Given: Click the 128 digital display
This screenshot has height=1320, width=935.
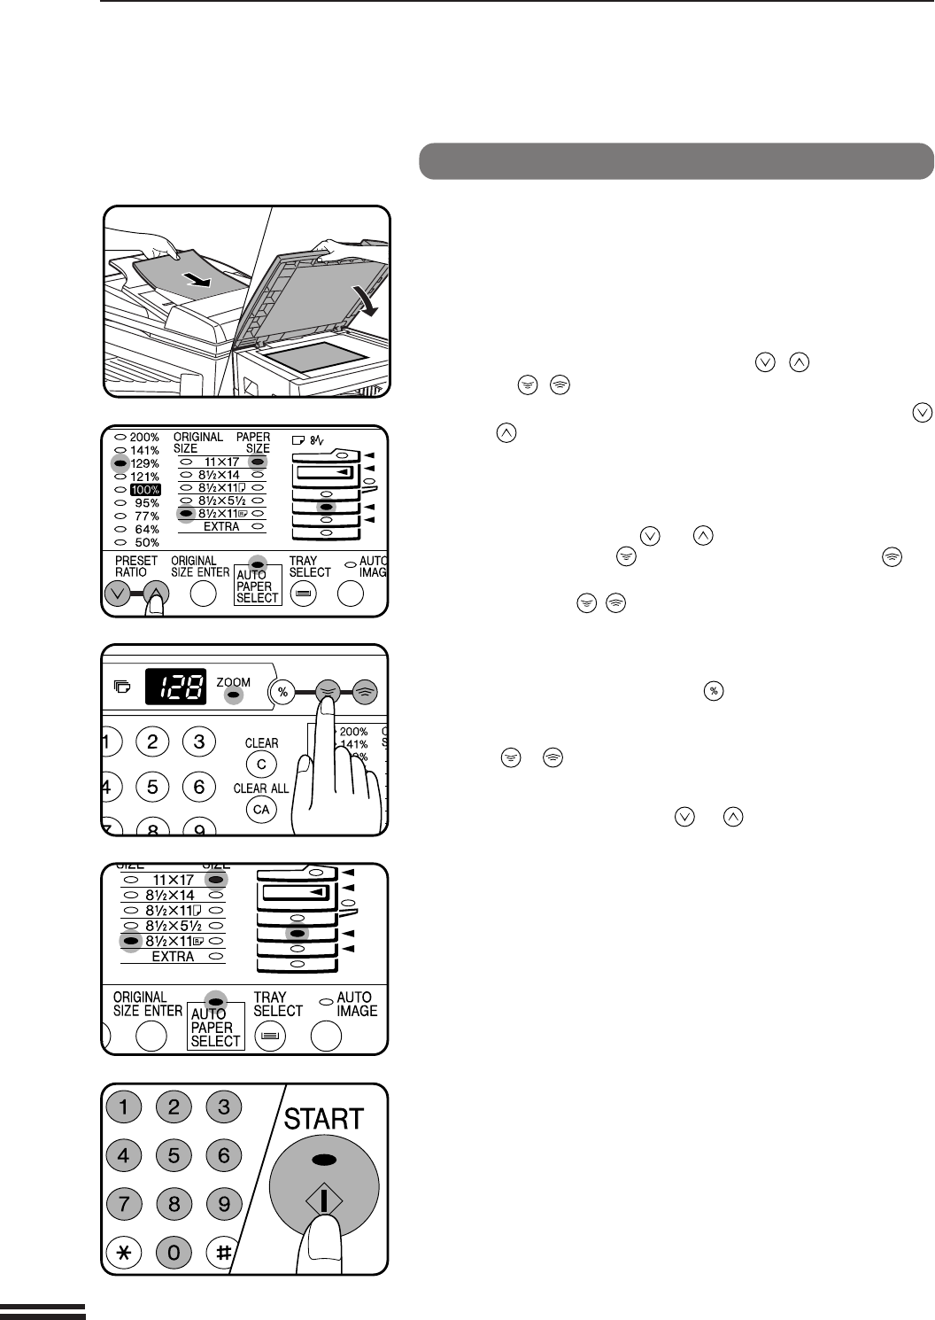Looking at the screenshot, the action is pyautogui.click(x=175, y=687).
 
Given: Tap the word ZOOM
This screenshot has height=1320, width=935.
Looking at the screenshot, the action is pyautogui.click(x=233, y=682).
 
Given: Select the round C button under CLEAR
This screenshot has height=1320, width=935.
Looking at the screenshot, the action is pyautogui.click(x=261, y=765).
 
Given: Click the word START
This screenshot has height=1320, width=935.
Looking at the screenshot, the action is pyautogui.click(x=324, y=1119).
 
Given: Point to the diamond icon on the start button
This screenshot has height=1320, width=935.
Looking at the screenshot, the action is pyautogui.click(x=324, y=1200).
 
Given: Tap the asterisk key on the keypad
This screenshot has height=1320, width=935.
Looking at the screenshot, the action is pyautogui.click(x=124, y=1252).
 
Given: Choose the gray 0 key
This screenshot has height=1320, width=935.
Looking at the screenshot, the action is pyautogui.click(x=174, y=1252).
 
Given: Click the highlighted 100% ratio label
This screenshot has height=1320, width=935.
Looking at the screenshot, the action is pyautogui.click(x=145, y=490).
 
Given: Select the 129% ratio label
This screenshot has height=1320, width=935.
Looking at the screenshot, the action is pyautogui.click(x=145, y=463).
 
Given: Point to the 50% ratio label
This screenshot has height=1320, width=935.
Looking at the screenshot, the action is pyautogui.click(x=147, y=542).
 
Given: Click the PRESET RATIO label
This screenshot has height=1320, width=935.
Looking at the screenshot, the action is pyautogui.click(x=136, y=566).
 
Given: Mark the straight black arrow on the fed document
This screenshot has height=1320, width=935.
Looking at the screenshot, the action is pyautogui.click(x=197, y=279).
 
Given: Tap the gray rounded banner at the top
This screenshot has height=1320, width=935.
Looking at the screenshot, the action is pyautogui.click(x=676, y=161).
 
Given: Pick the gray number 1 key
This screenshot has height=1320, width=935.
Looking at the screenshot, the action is pyautogui.click(x=124, y=1106).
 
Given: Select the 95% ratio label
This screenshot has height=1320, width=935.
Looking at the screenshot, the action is pyautogui.click(x=147, y=502).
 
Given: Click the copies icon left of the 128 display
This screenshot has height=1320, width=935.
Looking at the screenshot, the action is pyautogui.click(x=122, y=687).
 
